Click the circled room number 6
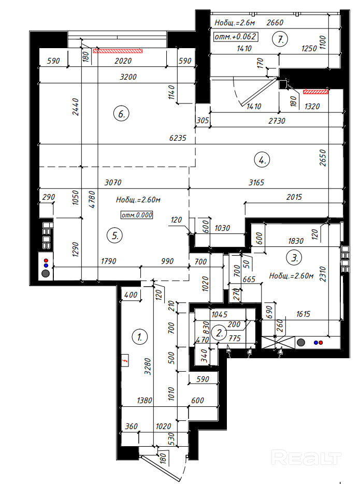(121, 114)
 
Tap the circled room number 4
(262, 160)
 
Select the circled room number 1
(139, 337)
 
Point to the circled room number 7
(280, 39)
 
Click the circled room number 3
(295, 257)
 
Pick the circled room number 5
(115, 236)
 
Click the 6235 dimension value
(178, 138)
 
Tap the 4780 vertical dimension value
(92, 199)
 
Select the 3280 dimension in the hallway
(148, 366)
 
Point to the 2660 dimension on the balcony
(275, 23)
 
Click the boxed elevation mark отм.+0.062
(236, 37)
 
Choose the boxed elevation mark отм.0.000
(137, 215)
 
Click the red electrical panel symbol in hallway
(125, 360)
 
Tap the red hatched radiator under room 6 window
(118, 51)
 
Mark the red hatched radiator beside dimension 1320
(315, 92)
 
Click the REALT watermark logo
(306, 457)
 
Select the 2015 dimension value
(294, 197)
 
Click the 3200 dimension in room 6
(128, 77)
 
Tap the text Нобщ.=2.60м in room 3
(291, 275)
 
